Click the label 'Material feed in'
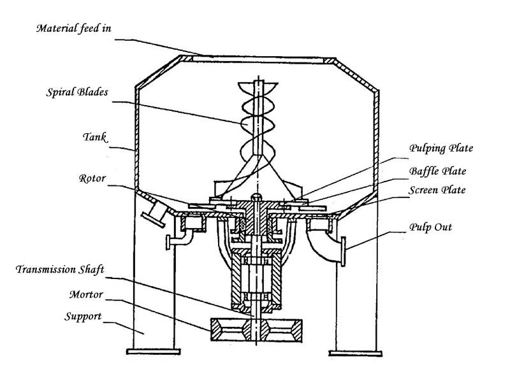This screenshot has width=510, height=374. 73,28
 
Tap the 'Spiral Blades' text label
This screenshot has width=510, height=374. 76,92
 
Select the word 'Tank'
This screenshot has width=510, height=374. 94,137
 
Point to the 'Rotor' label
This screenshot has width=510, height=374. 92,178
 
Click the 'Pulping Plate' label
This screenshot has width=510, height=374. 441,148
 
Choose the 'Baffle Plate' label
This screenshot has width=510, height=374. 437,171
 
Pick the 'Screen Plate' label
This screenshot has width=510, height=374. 437,190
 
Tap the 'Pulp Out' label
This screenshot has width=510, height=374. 431,227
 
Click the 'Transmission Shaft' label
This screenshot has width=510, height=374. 60,270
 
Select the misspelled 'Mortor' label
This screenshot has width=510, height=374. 86,294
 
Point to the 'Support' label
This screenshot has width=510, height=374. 83,316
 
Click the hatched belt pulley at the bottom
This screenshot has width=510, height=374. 257,330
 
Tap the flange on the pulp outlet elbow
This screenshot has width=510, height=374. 343,252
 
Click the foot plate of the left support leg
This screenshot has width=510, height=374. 153,352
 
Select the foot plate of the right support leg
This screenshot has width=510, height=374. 356,353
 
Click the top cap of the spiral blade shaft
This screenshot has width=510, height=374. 258,86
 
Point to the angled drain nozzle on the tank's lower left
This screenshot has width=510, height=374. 154,214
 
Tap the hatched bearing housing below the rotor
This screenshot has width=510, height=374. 256,280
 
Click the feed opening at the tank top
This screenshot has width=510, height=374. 258,59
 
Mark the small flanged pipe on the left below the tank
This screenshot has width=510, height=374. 178,240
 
